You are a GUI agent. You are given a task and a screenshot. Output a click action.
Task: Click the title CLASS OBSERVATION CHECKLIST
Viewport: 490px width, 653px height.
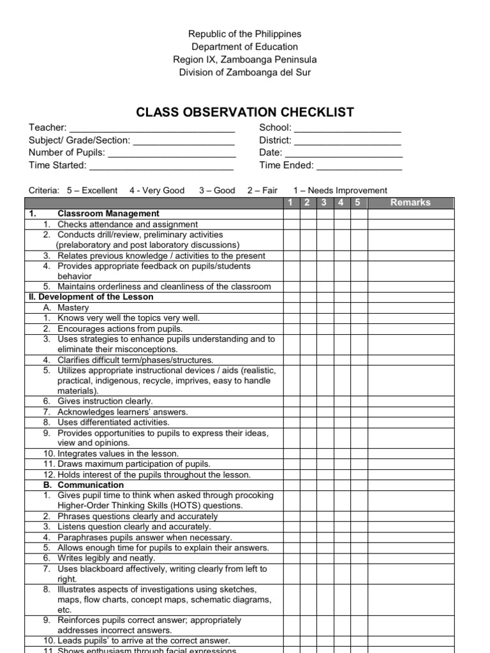coord(245,112)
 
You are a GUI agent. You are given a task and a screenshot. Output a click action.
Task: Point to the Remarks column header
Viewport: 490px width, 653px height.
coord(410,203)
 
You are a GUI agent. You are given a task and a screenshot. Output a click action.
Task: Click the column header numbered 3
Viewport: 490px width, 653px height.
coord(324,203)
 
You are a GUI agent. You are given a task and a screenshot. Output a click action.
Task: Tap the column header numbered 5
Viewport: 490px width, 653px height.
coord(358,203)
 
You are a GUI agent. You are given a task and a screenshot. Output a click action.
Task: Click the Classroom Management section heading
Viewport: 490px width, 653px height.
coord(108,214)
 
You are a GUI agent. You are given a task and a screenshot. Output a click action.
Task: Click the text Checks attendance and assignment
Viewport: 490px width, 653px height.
coord(128,224)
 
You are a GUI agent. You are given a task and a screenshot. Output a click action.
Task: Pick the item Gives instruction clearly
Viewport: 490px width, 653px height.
coord(105,401)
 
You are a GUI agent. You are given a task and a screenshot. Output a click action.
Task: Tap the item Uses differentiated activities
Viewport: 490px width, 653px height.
coord(114,422)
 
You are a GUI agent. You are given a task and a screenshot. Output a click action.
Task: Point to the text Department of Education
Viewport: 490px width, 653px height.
coord(245,47)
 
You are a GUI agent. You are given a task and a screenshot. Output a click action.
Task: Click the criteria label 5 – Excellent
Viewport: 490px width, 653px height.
coord(92,190)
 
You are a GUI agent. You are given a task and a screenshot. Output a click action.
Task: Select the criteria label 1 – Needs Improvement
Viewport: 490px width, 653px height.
coord(340,190)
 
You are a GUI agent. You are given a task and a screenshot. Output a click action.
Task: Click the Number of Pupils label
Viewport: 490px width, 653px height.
coord(67,153)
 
